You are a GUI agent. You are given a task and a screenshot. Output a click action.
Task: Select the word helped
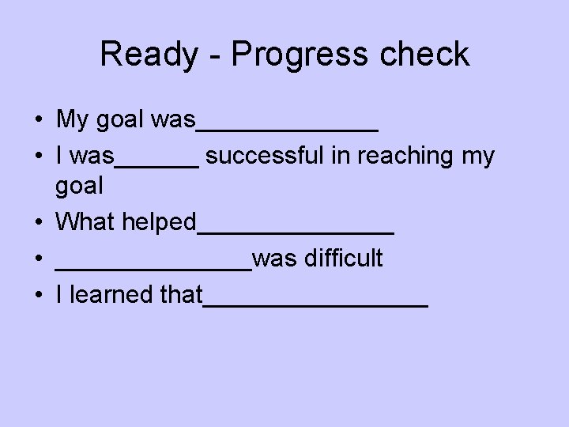159,222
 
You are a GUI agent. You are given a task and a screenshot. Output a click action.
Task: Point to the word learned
112,295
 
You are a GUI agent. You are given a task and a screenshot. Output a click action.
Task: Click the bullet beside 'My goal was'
38,121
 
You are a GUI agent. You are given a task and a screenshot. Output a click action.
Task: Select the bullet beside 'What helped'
38,223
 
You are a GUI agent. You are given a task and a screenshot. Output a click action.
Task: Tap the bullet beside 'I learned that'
38,296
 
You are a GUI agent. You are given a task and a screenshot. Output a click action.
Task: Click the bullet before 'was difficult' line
38,259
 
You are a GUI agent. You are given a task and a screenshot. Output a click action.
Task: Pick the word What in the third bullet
86,222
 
